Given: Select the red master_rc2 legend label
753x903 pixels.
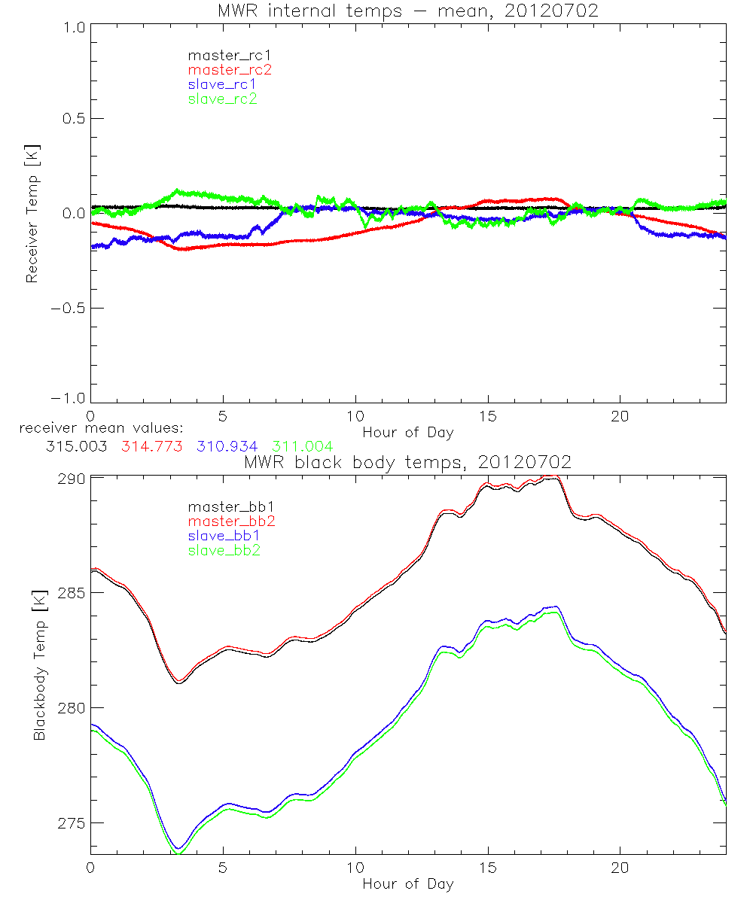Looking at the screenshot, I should coord(230,70).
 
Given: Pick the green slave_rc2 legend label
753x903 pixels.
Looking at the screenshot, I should coord(222,99).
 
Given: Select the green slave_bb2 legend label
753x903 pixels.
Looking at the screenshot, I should coord(224,551).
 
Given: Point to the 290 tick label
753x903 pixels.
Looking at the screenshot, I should coord(72,479).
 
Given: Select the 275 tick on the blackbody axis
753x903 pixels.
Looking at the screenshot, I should coord(72,823).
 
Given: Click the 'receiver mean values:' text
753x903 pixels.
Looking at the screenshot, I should coord(96,429).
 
